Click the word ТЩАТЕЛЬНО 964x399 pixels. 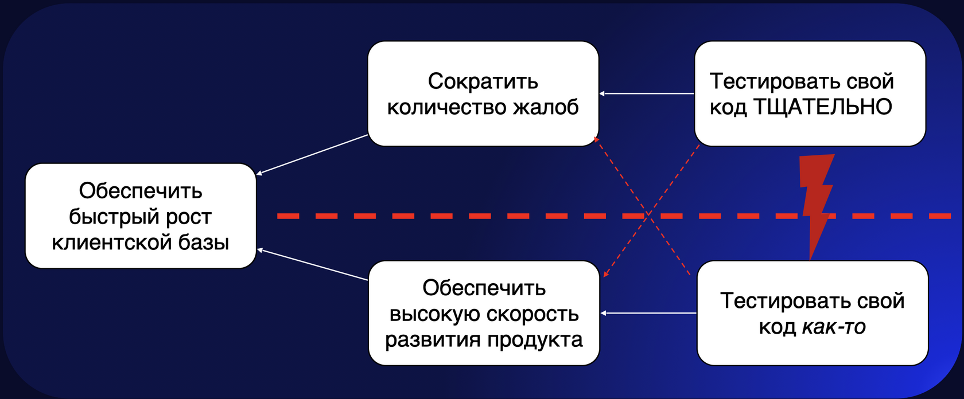click(822, 107)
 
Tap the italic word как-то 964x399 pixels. click(833, 327)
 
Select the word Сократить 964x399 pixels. click(483, 81)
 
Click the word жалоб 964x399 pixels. click(546, 107)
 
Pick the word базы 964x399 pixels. click(204, 242)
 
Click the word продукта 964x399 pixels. click(535, 339)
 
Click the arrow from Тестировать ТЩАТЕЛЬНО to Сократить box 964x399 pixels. click(646, 93)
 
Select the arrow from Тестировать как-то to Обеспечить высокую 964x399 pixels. click(648, 313)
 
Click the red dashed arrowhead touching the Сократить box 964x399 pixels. click(597, 139)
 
